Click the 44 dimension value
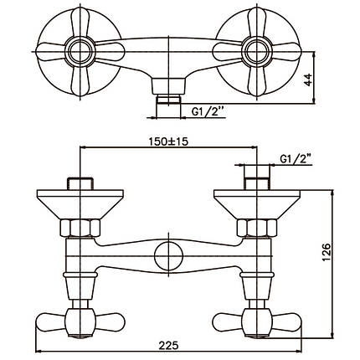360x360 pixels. pyautogui.click(x=308, y=80)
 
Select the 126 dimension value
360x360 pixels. pyautogui.click(x=326, y=253)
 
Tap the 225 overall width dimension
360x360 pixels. pyautogui.click(x=168, y=346)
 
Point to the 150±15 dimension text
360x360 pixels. pyautogui.click(x=168, y=141)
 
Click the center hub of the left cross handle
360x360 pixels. pyautogui.click(x=80, y=52)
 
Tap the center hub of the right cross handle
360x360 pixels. pyautogui.click(x=256, y=52)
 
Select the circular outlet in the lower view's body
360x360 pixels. pyautogui.click(x=168, y=256)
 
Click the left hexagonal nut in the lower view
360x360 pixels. pyautogui.click(x=80, y=228)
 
